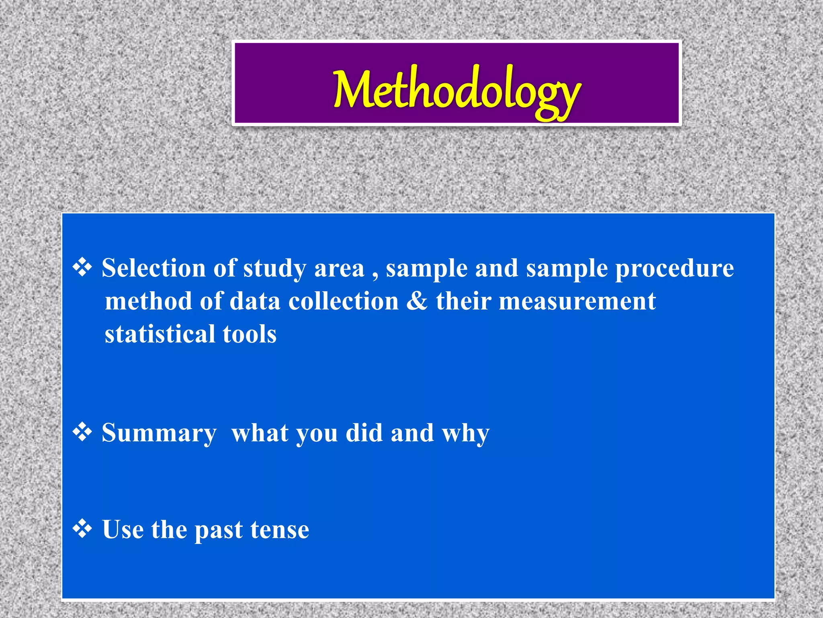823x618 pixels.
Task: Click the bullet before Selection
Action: point(82,268)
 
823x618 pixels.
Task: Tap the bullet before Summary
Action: point(82,433)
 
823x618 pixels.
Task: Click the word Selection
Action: point(154,268)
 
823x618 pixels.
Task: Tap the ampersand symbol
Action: point(417,301)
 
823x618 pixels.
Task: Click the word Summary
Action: point(159,434)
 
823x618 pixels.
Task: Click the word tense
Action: point(280,529)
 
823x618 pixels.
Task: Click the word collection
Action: point(343,301)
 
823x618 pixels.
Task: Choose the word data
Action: point(255,301)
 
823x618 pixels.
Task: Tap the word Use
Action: point(123,529)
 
